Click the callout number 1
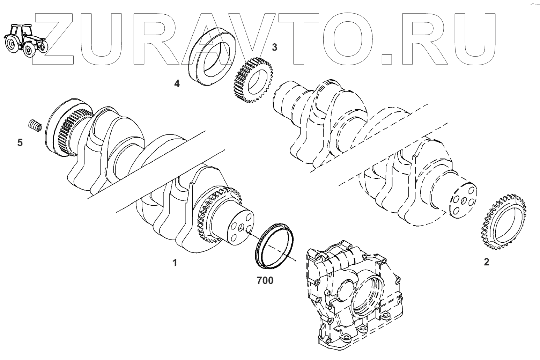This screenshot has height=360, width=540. pyautogui.click(x=175, y=263)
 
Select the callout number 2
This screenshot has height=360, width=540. pyautogui.click(x=486, y=262)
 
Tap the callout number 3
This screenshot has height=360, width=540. pyautogui.click(x=275, y=47)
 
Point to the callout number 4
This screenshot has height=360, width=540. pyautogui.click(x=177, y=84)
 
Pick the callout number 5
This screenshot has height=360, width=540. pyautogui.click(x=20, y=142)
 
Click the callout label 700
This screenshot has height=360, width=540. pyautogui.click(x=265, y=280)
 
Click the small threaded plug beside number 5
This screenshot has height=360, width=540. pyautogui.click(x=35, y=124)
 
